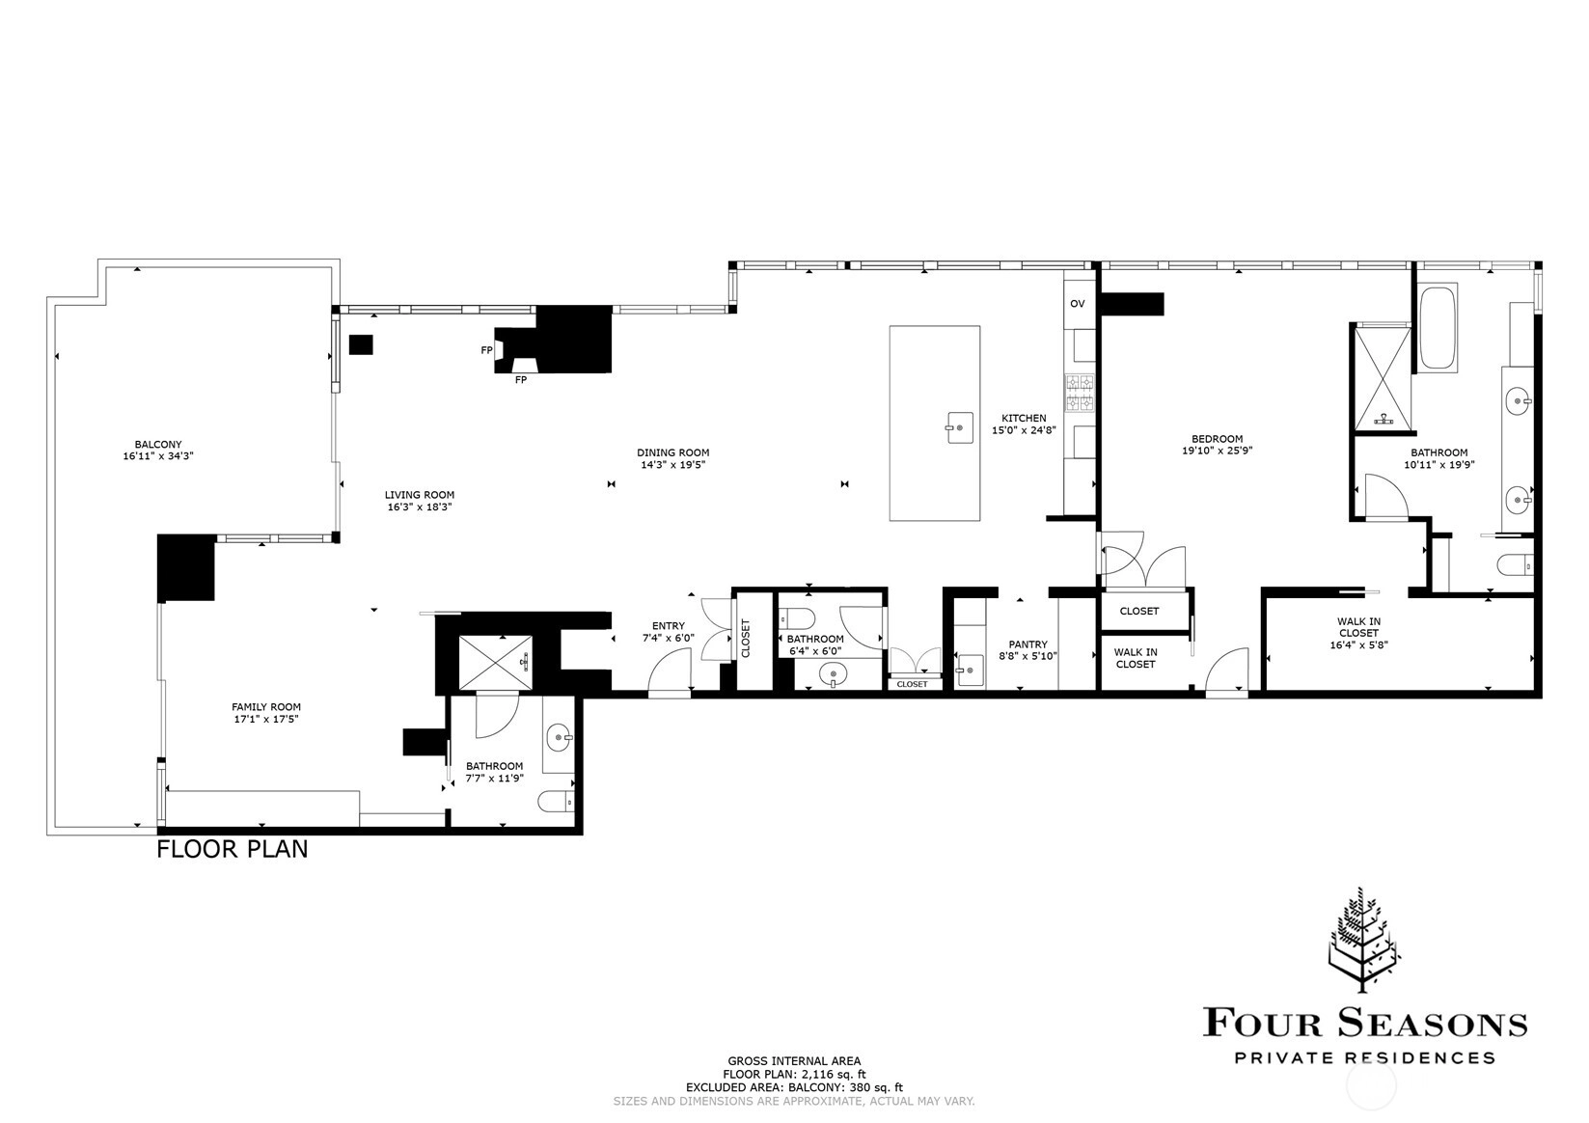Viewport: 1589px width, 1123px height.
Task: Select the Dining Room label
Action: pyautogui.click(x=672, y=452)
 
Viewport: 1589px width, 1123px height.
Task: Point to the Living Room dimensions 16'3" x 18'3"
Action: pyautogui.click(x=420, y=507)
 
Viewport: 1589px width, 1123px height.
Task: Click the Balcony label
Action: pyautogui.click(x=158, y=445)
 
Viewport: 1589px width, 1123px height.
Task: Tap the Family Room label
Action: pyautogui.click(x=266, y=706)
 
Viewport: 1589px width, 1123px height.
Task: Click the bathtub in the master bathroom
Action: pyautogui.click(x=1438, y=326)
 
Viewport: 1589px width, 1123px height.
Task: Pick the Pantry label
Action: pyautogui.click(x=1027, y=644)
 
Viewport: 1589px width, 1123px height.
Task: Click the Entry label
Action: pyautogui.click(x=669, y=626)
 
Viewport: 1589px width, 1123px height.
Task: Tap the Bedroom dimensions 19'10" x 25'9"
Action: pyautogui.click(x=1218, y=451)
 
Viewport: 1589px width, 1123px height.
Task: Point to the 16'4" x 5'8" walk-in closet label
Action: pyautogui.click(x=1358, y=645)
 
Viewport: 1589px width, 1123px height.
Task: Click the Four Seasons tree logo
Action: pyautogui.click(x=1361, y=940)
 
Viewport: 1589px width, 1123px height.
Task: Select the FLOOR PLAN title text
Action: pyautogui.click(x=232, y=849)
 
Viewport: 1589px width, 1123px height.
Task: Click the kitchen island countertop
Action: pyautogui.click(x=935, y=424)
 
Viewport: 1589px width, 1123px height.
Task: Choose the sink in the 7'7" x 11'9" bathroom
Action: pyautogui.click(x=560, y=738)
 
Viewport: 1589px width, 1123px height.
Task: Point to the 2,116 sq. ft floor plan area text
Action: pyautogui.click(x=795, y=1075)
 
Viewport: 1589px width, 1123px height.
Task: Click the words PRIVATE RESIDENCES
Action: pyautogui.click(x=1365, y=1058)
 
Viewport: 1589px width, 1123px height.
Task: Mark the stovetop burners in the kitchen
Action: pyautogui.click(x=1079, y=394)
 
